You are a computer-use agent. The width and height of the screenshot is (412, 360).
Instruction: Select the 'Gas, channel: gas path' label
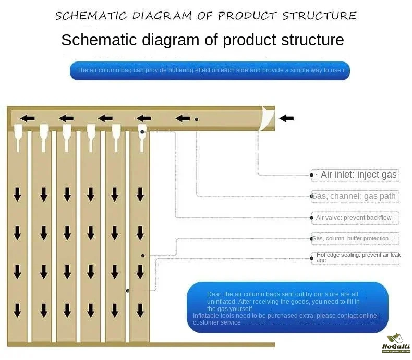tap(355, 196)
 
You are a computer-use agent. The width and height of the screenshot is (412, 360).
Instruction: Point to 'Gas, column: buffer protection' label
tap(355, 239)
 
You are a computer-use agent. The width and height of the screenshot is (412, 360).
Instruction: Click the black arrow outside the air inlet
tap(286, 118)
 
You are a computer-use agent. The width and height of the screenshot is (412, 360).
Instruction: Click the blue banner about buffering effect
tap(210, 70)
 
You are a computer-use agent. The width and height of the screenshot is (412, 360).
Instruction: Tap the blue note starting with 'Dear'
tap(287, 307)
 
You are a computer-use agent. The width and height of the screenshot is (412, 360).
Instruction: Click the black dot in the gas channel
tap(197, 119)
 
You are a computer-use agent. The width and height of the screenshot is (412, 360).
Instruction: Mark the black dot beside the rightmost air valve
tap(142, 132)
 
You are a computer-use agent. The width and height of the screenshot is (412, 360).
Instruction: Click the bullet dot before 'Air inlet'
tap(312, 175)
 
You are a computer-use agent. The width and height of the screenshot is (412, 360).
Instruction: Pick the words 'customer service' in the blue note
tap(217, 322)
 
